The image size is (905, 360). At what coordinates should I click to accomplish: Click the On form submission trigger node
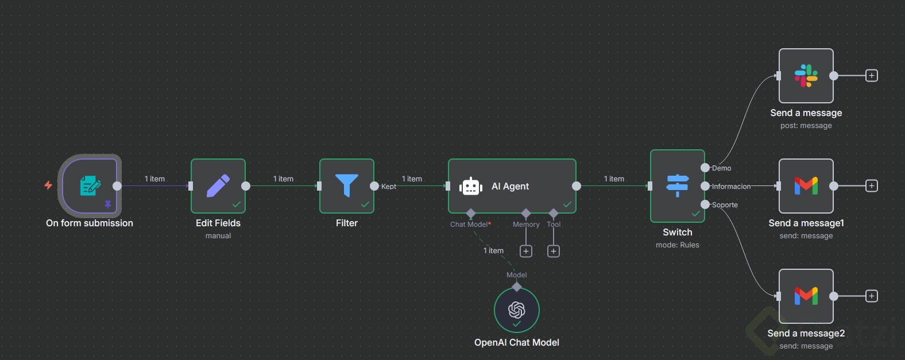[90, 185]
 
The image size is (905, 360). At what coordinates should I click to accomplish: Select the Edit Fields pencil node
[218, 185]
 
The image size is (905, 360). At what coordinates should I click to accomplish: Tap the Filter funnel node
[347, 185]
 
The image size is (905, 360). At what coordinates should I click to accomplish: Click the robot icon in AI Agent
[471, 187]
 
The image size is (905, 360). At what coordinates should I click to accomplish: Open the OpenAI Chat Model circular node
[516, 310]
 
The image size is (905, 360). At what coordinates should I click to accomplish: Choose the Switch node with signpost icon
[678, 185]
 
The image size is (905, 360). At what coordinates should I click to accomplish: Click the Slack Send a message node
[806, 76]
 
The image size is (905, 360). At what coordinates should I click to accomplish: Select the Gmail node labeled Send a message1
[806, 185]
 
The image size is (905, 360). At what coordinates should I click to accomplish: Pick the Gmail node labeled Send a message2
[806, 296]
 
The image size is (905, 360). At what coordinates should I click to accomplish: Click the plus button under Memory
[526, 251]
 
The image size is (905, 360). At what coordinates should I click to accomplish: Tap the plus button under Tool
[554, 251]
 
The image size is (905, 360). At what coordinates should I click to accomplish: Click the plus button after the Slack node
[872, 76]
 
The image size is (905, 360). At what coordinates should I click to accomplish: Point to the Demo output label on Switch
[722, 168]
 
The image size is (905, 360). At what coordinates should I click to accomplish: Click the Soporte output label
[725, 205]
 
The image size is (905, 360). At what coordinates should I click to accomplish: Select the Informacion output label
[731, 187]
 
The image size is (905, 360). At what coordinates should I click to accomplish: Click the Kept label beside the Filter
[389, 187]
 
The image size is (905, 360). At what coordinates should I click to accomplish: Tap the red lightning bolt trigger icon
[48, 185]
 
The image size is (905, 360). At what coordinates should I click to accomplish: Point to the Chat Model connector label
[470, 224]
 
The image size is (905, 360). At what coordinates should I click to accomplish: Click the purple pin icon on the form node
[107, 204]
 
